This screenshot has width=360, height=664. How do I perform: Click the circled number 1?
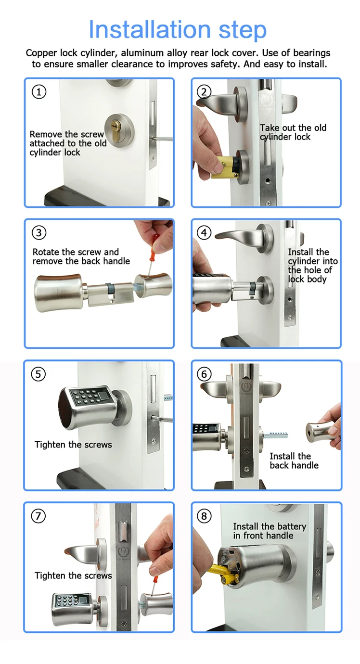[39, 91]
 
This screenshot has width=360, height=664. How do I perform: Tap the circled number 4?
[204, 233]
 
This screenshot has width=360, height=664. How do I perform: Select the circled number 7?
[39, 516]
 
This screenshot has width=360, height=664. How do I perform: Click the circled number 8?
[204, 516]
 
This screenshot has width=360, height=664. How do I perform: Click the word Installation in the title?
[150, 29]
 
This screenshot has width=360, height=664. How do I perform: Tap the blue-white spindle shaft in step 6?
[276, 435]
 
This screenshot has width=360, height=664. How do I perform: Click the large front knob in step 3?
[61, 292]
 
